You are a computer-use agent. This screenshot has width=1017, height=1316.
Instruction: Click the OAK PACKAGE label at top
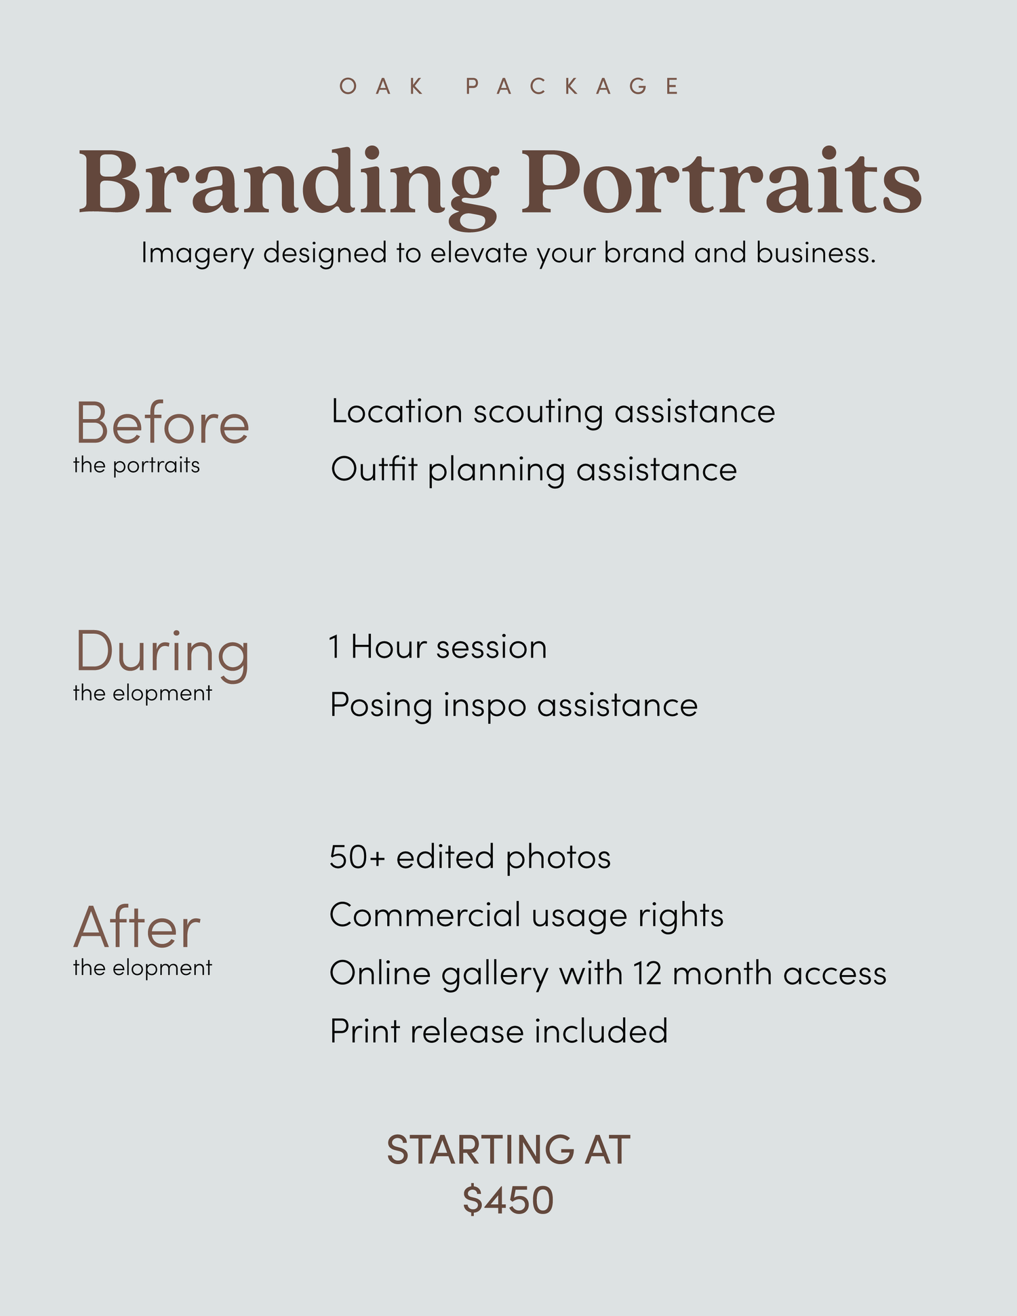click(x=509, y=86)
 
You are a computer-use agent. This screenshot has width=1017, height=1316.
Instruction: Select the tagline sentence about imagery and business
click(x=509, y=254)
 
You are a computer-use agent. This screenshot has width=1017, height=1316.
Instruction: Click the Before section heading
click(x=162, y=423)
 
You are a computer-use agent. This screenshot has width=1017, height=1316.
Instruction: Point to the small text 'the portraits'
click(x=136, y=466)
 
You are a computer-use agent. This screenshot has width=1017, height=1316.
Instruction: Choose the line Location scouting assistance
click(x=553, y=412)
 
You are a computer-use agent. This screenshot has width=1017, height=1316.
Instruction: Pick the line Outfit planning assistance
click(x=534, y=470)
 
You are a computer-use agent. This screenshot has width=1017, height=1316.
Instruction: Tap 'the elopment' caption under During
click(x=142, y=694)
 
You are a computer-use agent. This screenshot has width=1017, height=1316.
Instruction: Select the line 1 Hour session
click(x=438, y=647)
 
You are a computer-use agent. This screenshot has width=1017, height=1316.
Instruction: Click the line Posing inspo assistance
click(x=513, y=705)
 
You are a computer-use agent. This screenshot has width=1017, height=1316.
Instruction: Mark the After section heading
click(x=137, y=927)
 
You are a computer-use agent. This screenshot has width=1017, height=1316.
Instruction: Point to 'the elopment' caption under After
click(x=142, y=968)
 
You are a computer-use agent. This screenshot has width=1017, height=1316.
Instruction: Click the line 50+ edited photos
click(x=470, y=857)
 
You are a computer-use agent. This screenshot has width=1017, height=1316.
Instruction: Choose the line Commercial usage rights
click(x=526, y=916)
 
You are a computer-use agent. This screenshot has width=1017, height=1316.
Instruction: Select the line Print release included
click(x=499, y=1031)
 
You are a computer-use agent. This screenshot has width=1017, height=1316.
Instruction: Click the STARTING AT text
click(x=509, y=1151)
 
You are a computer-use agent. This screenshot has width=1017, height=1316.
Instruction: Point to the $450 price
click(x=509, y=1201)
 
